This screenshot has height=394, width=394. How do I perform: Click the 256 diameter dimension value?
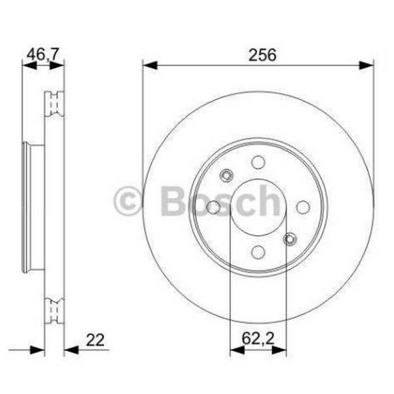coord(263,55)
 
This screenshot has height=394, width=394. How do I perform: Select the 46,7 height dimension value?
coord(42,54)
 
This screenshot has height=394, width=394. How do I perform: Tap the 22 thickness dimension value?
coord(95,340)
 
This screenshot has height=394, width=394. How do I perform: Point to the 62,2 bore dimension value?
coord(258,338)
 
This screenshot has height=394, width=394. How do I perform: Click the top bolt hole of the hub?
coord(258,163)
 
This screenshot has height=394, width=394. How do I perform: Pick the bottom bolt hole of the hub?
coord(258,252)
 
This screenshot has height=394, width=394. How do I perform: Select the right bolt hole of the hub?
coord(303,207)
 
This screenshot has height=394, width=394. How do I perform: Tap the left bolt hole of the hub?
coord(213,207)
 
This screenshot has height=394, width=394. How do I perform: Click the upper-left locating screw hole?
coord(226,175)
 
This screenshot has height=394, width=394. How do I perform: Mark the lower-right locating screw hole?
coord(290,239)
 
